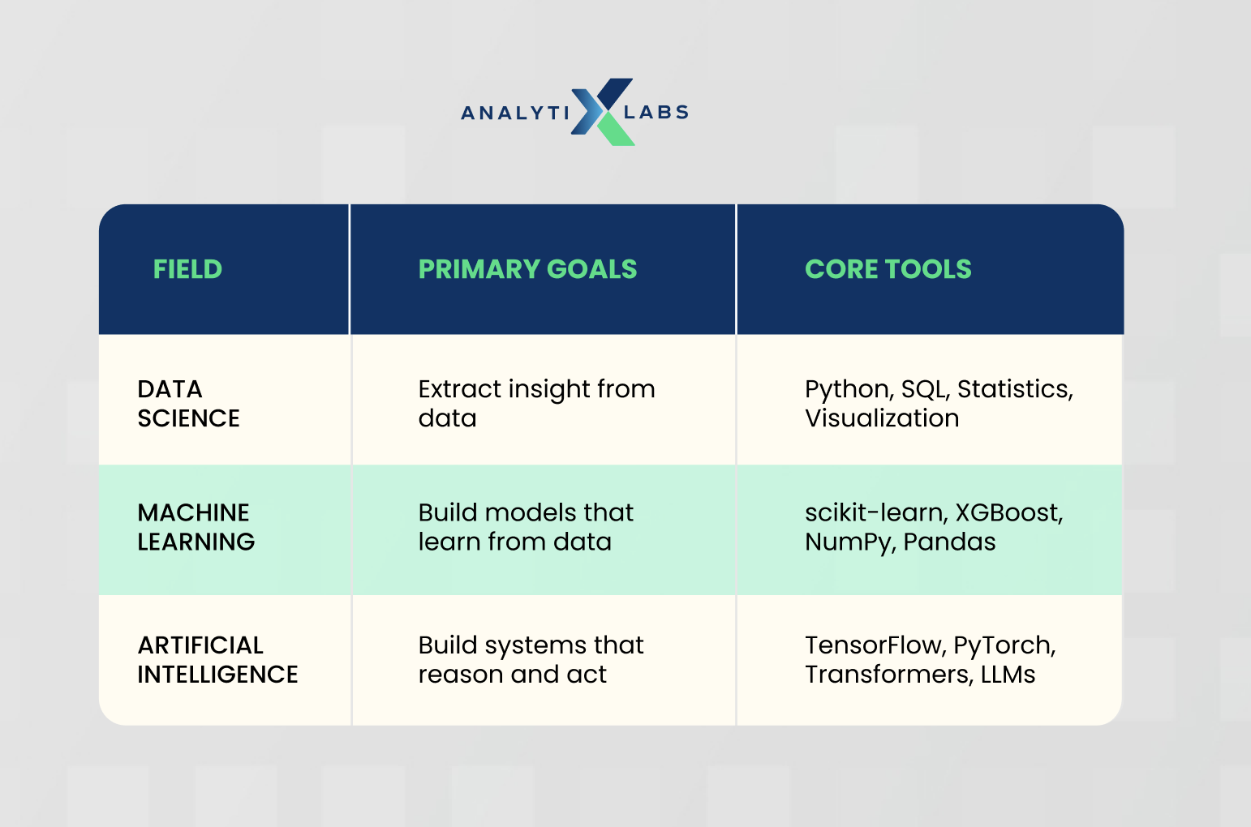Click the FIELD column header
pyautogui.click(x=187, y=269)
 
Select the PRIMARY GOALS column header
pyautogui.click(x=528, y=269)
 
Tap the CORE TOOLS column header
pyautogui.click(x=888, y=269)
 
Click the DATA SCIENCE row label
pyautogui.click(x=188, y=404)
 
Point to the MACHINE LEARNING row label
pyautogui.click(x=196, y=527)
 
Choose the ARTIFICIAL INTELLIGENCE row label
pyautogui.click(x=217, y=660)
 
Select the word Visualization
pyautogui.click(x=882, y=418)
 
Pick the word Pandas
pyautogui.click(x=949, y=542)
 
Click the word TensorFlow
pyautogui.click(x=875, y=645)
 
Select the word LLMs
pyautogui.click(x=1008, y=674)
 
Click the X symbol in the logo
pyautogui.click(x=602, y=112)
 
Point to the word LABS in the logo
pyautogui.click(x=656, y=112)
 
